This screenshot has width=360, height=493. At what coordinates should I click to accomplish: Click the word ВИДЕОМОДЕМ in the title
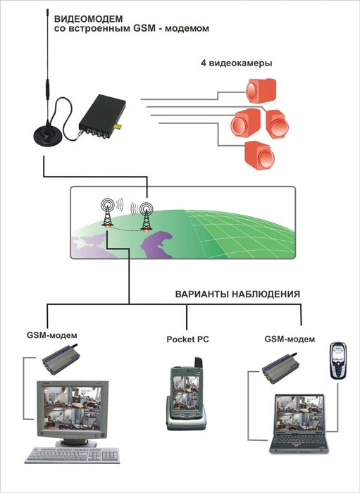point(89,19)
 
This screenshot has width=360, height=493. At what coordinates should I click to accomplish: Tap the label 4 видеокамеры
point(237,63)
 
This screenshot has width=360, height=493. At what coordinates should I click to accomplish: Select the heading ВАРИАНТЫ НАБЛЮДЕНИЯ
point(237,294)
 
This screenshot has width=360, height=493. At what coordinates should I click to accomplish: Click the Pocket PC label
point(187,339)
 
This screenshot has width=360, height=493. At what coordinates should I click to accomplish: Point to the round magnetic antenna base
point(48,135)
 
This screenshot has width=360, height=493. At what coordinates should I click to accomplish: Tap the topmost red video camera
point(261,91)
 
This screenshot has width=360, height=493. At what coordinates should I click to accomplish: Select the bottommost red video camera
point(259,156)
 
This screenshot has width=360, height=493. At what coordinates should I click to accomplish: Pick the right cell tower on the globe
point(147,216)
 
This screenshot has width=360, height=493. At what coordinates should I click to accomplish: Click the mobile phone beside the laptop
point(337,361)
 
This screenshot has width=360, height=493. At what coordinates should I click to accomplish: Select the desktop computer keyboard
point(73,455)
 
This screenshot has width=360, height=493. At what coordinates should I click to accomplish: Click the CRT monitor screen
point(73,408)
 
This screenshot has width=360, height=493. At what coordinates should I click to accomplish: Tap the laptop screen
point(299,413)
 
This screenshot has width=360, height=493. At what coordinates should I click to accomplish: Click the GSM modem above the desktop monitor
point(60,359)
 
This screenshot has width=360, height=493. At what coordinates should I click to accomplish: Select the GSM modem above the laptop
point(279,368)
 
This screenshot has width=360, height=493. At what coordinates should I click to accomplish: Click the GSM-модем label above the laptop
point(290,339)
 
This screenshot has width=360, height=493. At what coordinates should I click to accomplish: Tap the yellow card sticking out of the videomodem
point(118,126)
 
